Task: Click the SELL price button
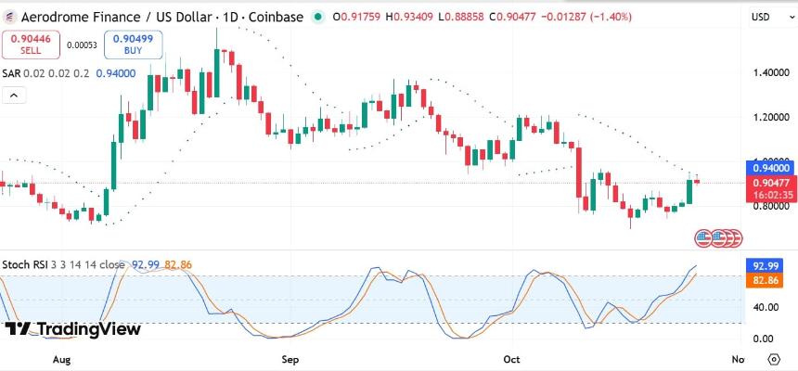click(31, 44)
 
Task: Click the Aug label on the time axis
click(62, 358)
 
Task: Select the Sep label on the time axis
click(290, 358)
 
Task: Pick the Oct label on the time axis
click(512, 358)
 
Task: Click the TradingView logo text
click(73, 329)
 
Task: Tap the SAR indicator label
click(11, 73)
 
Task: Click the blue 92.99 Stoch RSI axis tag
click(766, 264)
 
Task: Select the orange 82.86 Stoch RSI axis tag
click(766, 279)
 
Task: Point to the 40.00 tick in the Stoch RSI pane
click(766, 307)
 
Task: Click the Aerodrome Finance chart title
click(111, 17)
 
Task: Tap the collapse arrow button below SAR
click(14, 94)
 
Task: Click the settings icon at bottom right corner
click(773, 358)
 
